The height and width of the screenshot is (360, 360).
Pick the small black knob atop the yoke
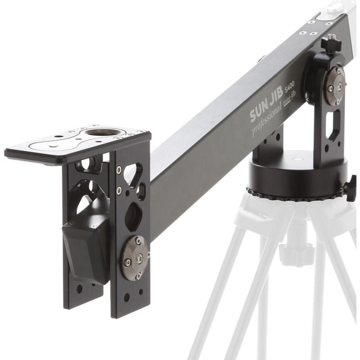pos(331,44)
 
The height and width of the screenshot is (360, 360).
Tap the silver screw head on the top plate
pos(53,146)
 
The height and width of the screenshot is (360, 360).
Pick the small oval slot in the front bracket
pos(141,191)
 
